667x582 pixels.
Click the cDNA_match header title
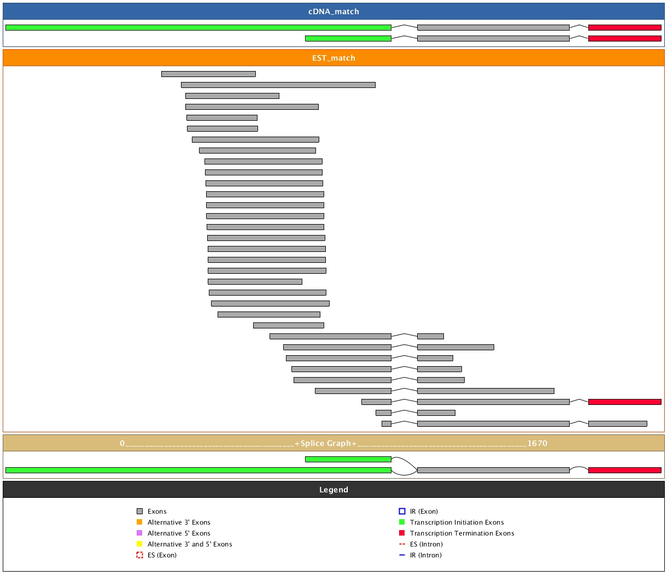tap(333, 11)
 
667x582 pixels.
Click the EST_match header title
tap(333, 58)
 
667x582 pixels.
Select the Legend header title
tap(333, 490)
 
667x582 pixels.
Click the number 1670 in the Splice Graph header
tap(537, 443)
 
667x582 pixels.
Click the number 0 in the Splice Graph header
tap(122, 443)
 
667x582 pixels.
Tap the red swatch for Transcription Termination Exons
tap(402, 533)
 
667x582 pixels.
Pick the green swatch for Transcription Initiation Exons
tap(402, 522)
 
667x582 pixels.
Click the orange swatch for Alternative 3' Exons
tap(139, 522)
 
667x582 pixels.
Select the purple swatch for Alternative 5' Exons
tap(139, 533)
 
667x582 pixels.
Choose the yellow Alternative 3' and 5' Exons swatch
tap(139, 544)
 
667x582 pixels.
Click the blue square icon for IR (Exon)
tap(402, 511)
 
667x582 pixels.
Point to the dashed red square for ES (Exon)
tap(139, 555)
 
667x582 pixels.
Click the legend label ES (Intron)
tap(426, 544)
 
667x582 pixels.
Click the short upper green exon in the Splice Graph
tap(348, 459)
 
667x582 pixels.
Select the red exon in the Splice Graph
tap(624, 470)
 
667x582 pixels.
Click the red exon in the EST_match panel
tap(624, 402)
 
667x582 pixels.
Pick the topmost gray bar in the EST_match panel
tap(208, 74)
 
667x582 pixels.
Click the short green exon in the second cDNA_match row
tap(348, 38)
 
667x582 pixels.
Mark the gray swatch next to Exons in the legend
tap(139, 511)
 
